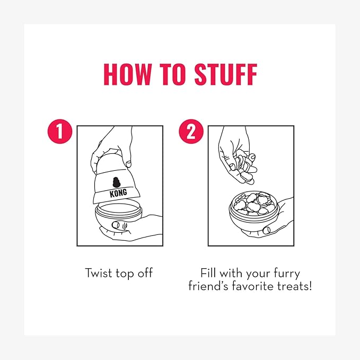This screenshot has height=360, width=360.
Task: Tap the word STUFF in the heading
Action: click(226, 74)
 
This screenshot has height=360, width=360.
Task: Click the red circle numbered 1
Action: click(60, 131)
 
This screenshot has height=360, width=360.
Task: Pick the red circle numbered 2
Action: click(191, 131)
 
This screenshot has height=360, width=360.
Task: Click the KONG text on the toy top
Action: click(118, 193)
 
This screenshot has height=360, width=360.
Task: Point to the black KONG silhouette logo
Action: click(117, 182)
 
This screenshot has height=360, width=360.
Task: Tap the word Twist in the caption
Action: click(99, 273)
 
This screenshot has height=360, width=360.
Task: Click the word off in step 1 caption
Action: click(145, 273)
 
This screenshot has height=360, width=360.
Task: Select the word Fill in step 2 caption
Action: click(208, 273)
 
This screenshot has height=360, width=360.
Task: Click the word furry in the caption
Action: click(287, 274)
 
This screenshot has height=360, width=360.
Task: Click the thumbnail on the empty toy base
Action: click(116, 225)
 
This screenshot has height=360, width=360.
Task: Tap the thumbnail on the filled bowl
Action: click(267, 230)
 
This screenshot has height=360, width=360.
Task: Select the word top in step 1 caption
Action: click(125, 274)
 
